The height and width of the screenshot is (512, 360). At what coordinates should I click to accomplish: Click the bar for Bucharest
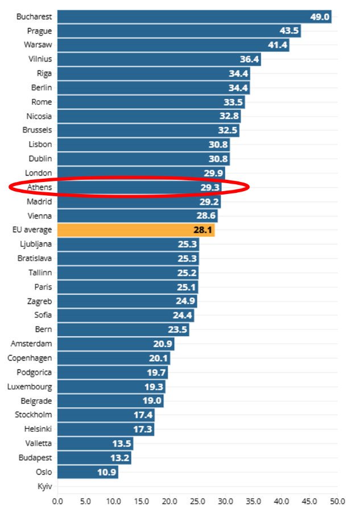[x=193, y=16]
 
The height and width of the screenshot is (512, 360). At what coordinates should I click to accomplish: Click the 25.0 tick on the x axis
[x=197, y=501]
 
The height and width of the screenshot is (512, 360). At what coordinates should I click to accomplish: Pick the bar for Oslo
[x=88, y=472]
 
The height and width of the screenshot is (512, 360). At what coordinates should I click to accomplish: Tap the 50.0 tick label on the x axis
[x=338, y=501]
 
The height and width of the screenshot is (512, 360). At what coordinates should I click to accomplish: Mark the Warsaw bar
[x=173, y=45]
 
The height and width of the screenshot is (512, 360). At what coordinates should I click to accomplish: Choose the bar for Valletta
[x=95, y=444]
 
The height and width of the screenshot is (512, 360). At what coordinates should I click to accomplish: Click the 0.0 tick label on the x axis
[x=57, y=501]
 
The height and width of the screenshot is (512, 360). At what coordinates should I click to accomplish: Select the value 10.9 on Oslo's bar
[x=106, y=472]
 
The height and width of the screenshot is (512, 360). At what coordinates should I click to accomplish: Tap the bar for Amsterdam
[x=115, y=344]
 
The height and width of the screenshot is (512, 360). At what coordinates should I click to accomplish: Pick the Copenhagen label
[x=30, y=358]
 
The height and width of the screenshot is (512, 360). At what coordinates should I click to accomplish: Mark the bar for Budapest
[x=94, y=458]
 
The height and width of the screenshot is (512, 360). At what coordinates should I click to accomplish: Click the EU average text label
[x=32, y=230]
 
